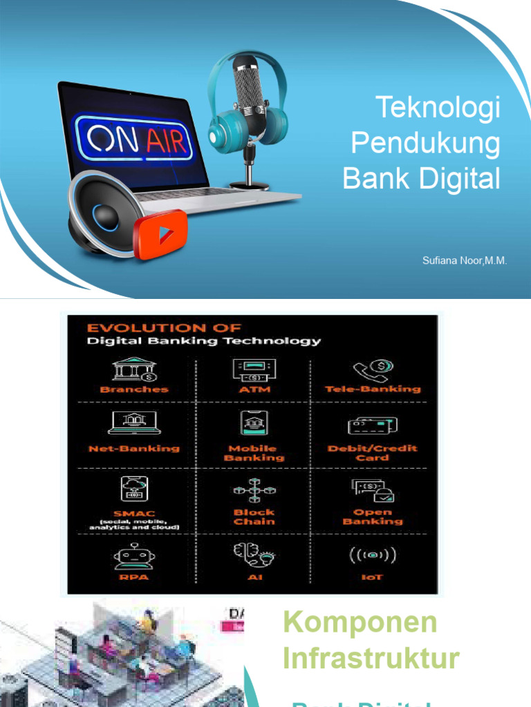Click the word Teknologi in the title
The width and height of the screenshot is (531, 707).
click(438, 109)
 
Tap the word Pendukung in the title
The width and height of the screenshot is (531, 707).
click(425, 144)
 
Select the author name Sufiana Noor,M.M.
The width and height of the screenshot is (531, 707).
click(465, 261)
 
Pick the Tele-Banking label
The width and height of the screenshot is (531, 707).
click(373, 389)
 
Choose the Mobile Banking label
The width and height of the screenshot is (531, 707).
click(253, 453)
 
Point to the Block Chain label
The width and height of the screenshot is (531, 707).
click(253, 517)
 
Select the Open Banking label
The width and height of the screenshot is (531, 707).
click(373, 517)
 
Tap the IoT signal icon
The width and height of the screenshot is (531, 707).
click(373, 555)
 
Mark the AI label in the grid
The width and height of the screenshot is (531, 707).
click(253, 577)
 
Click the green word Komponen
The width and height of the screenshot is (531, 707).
click(360, 622)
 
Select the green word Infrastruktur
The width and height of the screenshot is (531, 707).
click(371, 658)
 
